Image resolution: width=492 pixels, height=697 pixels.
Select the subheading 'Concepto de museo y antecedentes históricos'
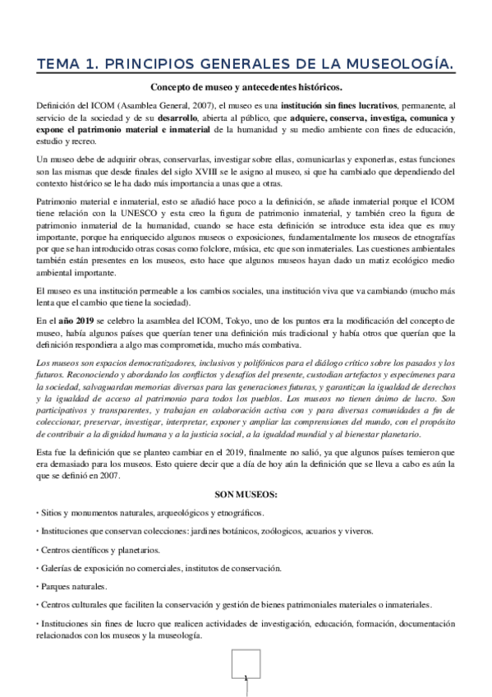point(246,88)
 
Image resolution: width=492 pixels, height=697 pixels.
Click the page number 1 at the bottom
point(246,678)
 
